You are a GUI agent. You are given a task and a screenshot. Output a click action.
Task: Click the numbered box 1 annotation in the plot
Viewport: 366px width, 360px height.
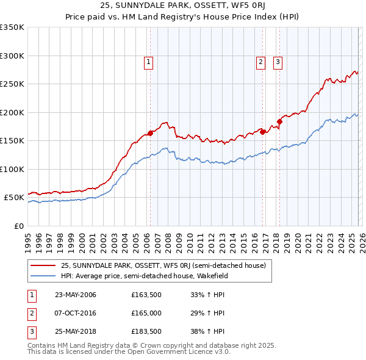(149, 61)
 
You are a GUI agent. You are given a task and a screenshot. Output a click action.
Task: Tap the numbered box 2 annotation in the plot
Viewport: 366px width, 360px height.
(261, 61)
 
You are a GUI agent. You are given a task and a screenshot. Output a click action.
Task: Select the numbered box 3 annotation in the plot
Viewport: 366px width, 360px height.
(278, 61)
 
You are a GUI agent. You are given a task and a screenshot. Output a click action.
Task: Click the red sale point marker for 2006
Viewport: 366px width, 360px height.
(150, 133)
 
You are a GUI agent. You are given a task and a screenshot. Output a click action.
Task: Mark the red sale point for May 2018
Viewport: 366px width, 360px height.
(279, 121)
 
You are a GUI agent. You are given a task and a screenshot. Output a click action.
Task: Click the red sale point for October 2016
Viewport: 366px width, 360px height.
(262, 132)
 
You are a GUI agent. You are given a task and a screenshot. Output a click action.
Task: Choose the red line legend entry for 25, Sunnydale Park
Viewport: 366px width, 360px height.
(163, 265)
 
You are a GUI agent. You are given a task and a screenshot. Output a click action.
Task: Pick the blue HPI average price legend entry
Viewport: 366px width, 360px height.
(152, 276)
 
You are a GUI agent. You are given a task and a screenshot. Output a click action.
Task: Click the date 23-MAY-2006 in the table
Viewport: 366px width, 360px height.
(75, 295)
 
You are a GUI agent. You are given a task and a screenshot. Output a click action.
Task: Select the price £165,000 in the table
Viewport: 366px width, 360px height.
(146, 313)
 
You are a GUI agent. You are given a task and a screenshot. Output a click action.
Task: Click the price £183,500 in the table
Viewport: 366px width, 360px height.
(146, 331)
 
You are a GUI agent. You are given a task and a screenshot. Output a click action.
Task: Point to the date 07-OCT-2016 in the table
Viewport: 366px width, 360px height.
(75, 313)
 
